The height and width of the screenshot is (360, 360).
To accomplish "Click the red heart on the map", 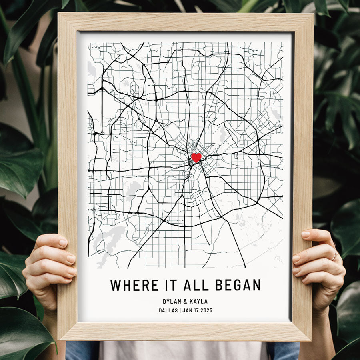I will pyautogui.click(x=196, y=157).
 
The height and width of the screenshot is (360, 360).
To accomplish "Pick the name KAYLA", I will pyautogui.click(x=199, y=302).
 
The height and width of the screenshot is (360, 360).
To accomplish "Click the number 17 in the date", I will pyautogui.click(x=193, y=310).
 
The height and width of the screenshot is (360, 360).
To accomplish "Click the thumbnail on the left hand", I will pyautogui.click(x=63, y=242).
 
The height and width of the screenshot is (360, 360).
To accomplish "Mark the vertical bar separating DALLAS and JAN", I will pyautogui.click(x=180, y=310).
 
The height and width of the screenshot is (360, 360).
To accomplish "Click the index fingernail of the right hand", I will pyautogui.click(x=306, y=234).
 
